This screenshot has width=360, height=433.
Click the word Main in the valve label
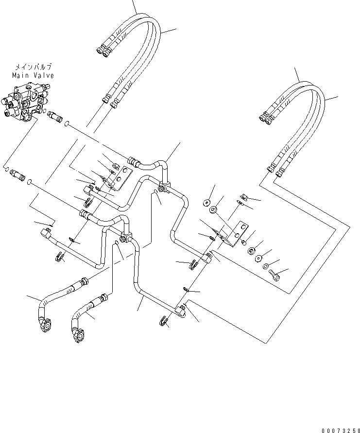tap(20, 75)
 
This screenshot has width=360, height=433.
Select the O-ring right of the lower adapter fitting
tap(30, 182)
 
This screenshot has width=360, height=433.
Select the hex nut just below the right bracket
tap(243, 242)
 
